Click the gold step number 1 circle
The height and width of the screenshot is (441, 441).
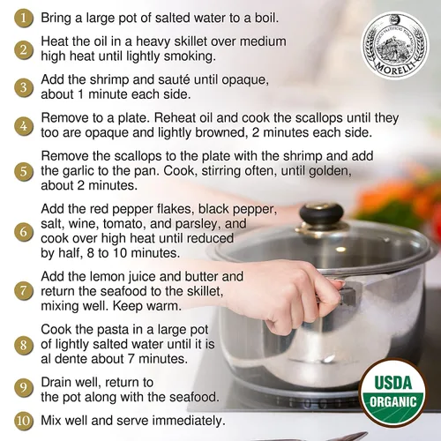tap(24, 19)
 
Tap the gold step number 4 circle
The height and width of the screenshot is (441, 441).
tap(24, 126)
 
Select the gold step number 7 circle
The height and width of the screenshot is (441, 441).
tap(24, 291)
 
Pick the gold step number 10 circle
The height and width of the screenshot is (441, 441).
tap(24, 421)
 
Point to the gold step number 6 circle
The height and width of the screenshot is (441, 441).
tap(24, 232)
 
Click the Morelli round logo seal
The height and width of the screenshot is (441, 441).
tap(395, 46)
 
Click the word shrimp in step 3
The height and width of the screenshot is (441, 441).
tap(109, 80)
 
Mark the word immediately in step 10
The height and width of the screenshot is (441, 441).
tap(189, 421)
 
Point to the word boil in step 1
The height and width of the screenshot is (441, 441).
tap(266, 19)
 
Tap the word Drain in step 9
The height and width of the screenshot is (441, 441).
tap(56, 383)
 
